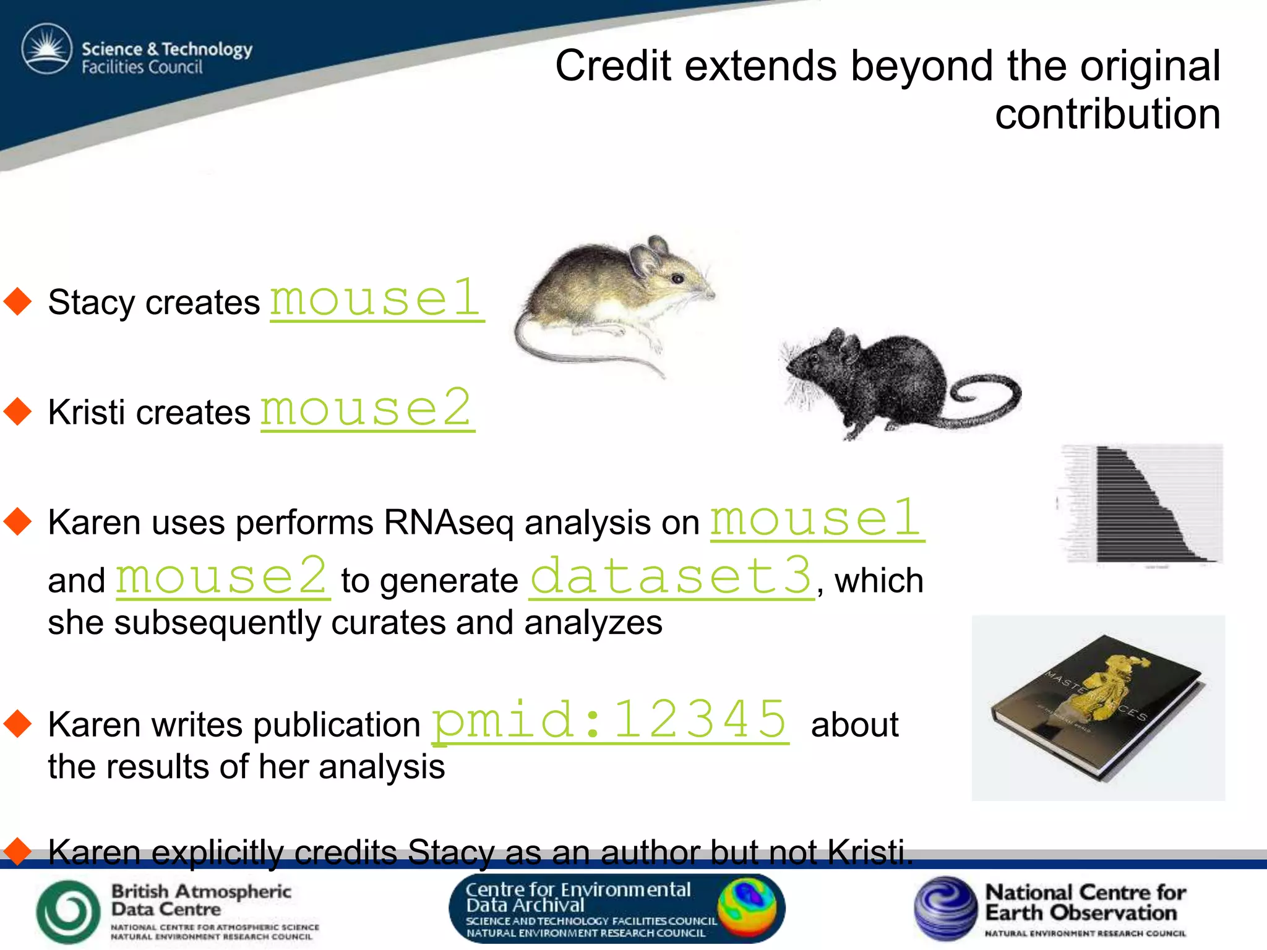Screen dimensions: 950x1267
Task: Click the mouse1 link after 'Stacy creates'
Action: (376, 299)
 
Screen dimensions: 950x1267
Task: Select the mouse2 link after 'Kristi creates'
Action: (367, 409)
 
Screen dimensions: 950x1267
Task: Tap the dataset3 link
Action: (671, 577)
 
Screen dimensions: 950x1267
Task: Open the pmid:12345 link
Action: (610, 721)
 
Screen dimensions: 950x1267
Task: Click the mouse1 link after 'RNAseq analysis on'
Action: (817, 519)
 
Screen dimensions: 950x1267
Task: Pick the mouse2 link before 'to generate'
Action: (223, 577)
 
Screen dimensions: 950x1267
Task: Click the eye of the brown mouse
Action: (678, 279)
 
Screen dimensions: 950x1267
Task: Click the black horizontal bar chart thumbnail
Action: (1141, 504)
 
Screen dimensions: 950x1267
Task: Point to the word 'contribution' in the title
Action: (1107, 114)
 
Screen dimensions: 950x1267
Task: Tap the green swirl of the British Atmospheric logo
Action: (68, 911)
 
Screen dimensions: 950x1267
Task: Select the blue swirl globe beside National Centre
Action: (945, 907)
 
